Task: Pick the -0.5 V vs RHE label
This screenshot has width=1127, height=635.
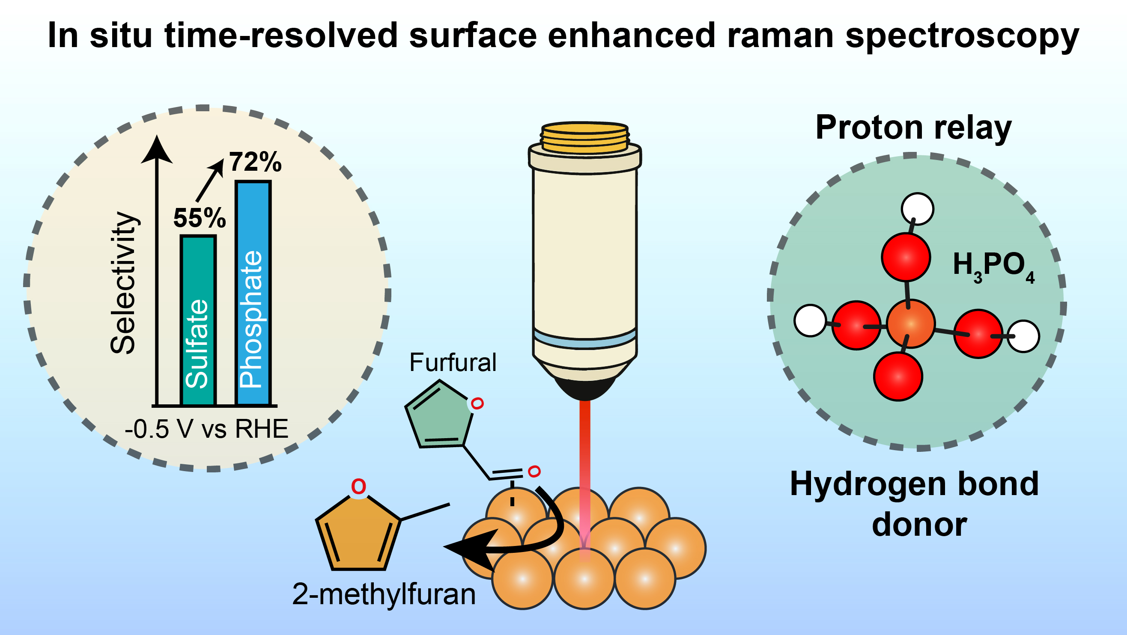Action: pos(206,429)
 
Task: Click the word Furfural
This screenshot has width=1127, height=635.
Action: pos(453,362)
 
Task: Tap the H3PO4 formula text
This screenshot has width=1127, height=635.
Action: pos(993,266)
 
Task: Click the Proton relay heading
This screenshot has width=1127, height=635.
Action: pos(914,127)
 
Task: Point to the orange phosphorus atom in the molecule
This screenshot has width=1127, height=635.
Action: pos(911,324)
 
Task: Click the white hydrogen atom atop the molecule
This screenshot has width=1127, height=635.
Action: pos(918,209)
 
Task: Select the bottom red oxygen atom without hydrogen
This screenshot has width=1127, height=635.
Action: pos(898,376)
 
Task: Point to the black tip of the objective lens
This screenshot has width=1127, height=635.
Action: pos(585,389)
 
